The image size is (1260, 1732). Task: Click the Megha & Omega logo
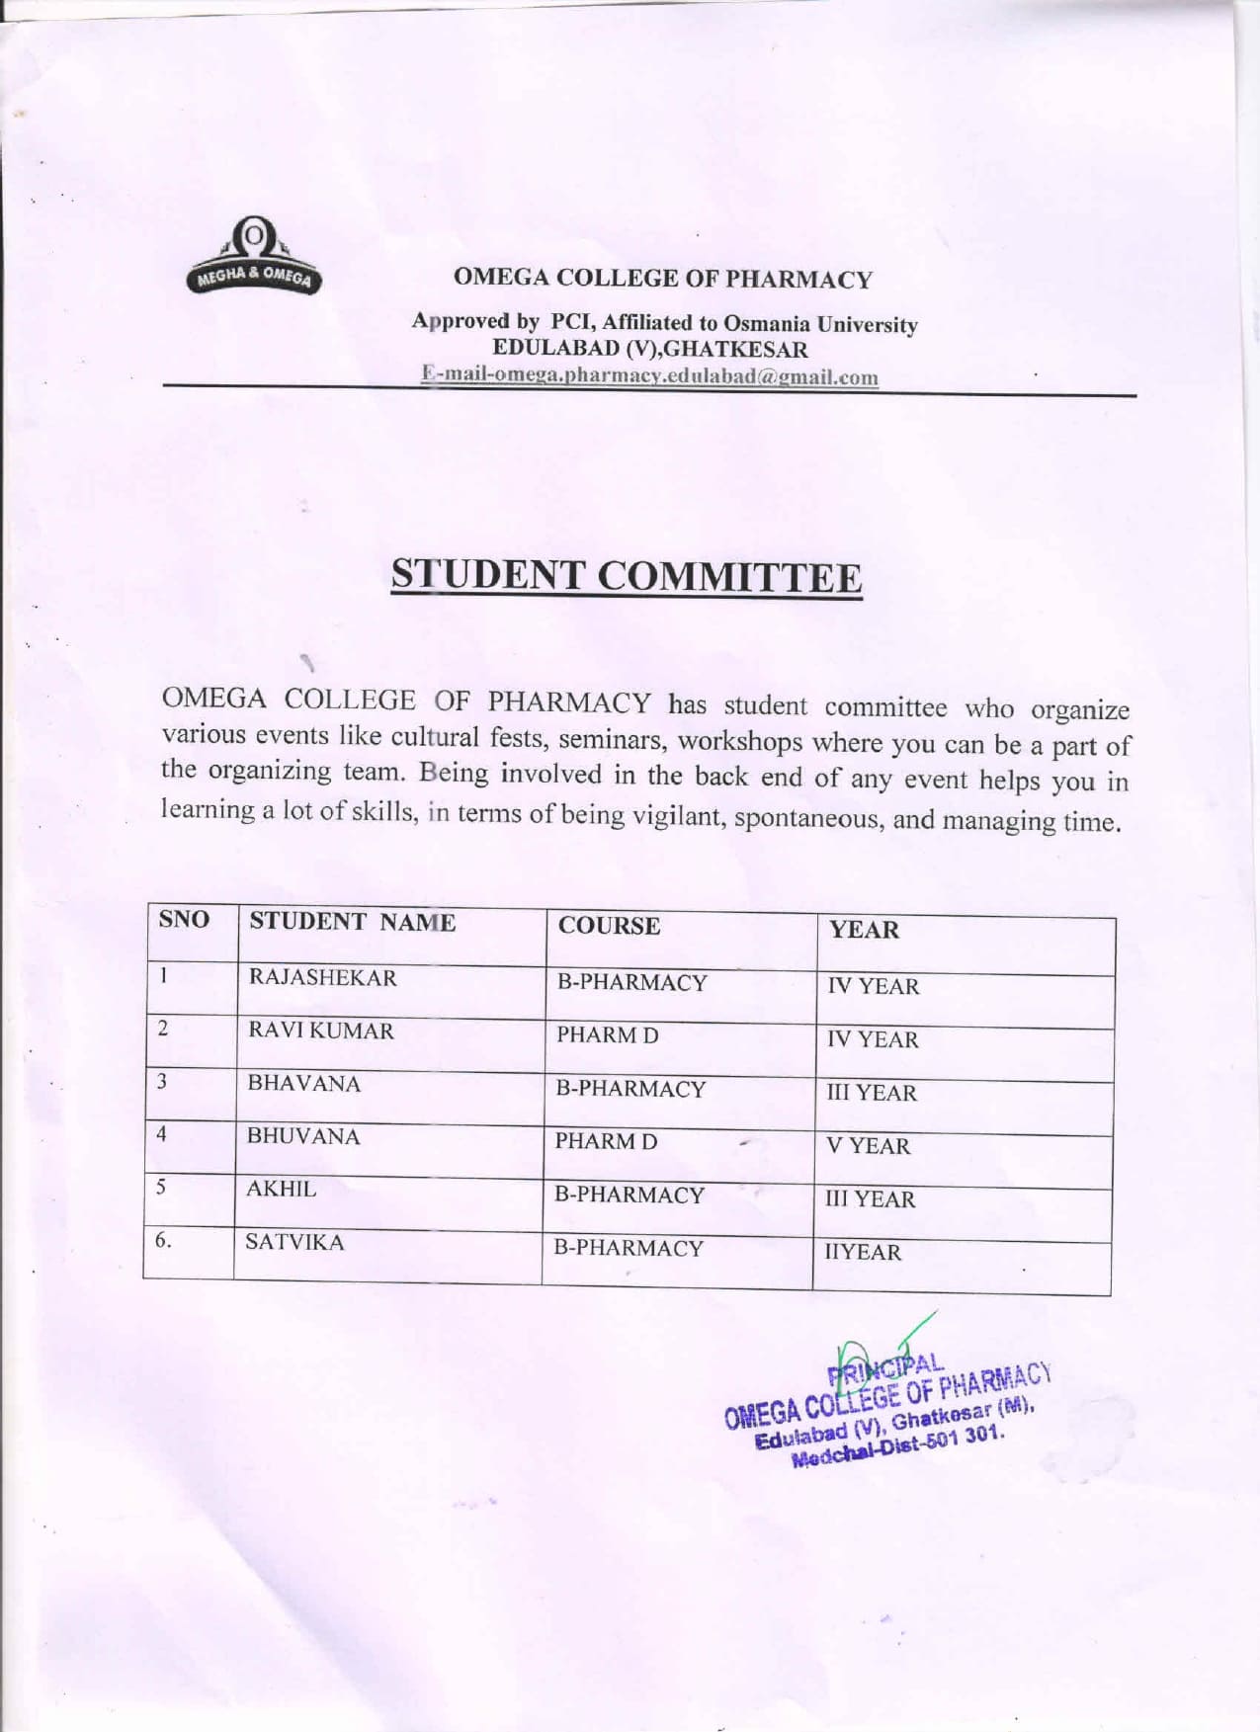(254, 258)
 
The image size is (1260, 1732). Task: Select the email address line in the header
(649, 376)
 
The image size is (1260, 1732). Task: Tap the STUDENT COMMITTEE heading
(627, 576)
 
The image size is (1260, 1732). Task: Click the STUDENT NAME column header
(352, 923)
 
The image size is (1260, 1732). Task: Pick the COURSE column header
(609, 926)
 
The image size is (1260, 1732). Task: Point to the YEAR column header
(864, 930)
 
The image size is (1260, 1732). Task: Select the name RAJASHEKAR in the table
(322, 978)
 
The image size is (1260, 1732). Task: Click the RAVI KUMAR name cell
(320, 1031)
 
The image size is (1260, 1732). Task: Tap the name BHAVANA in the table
(303, 1084)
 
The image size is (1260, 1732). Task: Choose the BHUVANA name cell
(303, 1137)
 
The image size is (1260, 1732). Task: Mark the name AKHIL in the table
(281, 1190)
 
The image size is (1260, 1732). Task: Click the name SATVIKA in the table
(294, 1243)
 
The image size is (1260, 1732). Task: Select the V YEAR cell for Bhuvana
(868, 1146)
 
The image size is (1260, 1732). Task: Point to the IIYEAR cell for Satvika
(863, 1253)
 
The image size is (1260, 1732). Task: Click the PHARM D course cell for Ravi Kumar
(607, 1035)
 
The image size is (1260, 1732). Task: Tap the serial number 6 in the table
(163, 1241)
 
